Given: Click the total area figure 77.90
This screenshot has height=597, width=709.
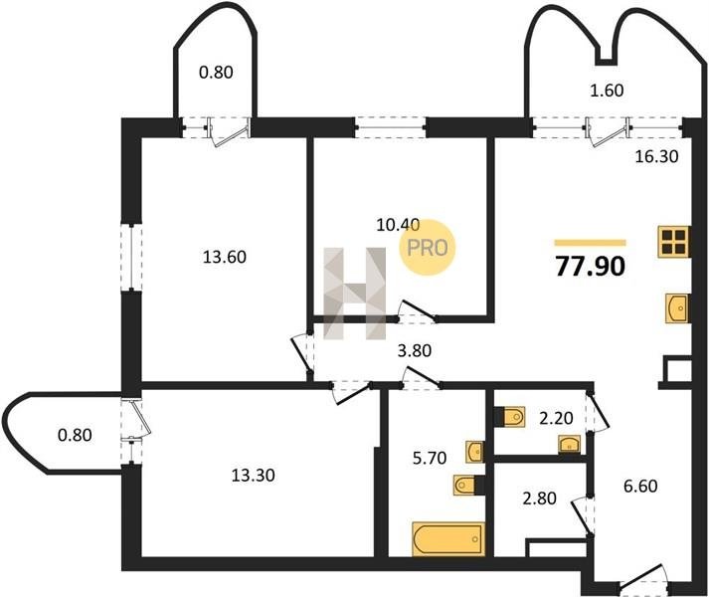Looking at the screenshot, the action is pyautogui.click(x=591, y=266).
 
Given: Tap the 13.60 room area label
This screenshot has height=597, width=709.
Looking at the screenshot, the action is pyautogui.click(x=225, y=257).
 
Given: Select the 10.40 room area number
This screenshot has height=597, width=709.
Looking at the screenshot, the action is pyautogui.click(x=398, y=225).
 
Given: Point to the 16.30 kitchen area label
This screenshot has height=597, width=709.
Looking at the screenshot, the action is pyautogui.click(x=656, y=156).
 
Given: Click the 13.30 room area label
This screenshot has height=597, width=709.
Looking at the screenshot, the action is pyautogui.click(x=253, y=476).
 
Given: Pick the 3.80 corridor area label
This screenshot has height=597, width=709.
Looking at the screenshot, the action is pyautogui.click(x=415, y=350).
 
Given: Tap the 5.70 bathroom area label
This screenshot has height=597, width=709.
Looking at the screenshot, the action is pyautogui.click(x=430, y=458).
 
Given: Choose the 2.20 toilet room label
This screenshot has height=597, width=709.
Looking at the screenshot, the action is pyautogui.click(x=556, y=418).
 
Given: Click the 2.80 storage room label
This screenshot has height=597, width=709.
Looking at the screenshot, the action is pyautogui.click(x=539, y=498).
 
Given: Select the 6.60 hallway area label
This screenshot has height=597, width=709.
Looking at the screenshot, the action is pyautogui.click(x=640, y=487).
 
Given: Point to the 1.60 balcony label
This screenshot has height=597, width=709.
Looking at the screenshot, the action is pyautogui.click(x=607, y=91).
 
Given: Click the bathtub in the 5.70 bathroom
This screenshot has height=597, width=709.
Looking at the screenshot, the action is pyautogui.click(x=448, y=538).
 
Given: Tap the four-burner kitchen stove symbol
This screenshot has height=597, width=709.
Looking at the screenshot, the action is pyautogui.click(x=674, y=242).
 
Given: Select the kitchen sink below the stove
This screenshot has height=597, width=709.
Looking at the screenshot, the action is pyautogui.click(x=677, y=308).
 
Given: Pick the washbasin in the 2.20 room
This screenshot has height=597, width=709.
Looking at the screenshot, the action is pyautogui.click(x=569, y=445).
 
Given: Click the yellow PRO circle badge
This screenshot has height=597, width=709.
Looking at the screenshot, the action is pyautogui.click(x=427, y=247).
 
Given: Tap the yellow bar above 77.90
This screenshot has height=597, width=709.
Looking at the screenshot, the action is pyautogui.click(x=590, y=243).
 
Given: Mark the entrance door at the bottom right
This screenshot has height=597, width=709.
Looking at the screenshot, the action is pyautogui.click(x=643, y=581).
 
